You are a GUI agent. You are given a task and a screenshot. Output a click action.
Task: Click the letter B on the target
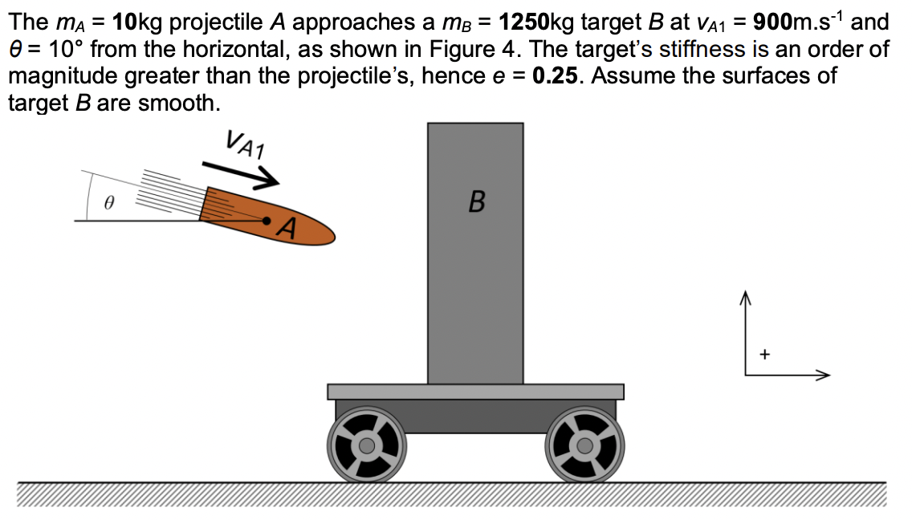coord(475,201)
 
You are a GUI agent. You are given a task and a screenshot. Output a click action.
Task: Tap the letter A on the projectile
coord(288,231)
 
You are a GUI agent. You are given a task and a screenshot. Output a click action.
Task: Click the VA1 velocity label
coord(248,145)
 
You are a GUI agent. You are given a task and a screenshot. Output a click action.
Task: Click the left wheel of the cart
coord(366,444)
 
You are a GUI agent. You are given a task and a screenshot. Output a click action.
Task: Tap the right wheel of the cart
coord(585,444)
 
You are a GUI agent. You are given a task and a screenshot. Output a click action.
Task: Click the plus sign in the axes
coord(764,353)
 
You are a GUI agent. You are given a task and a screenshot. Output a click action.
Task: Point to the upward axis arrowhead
coord(745,299)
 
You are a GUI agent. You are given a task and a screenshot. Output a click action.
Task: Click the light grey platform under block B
coord(475,392)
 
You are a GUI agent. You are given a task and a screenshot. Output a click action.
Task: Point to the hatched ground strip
coord(450,496)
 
